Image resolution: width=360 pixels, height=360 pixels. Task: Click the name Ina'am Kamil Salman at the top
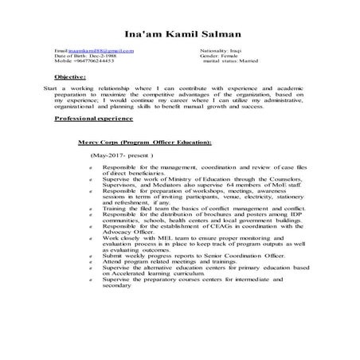179,35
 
